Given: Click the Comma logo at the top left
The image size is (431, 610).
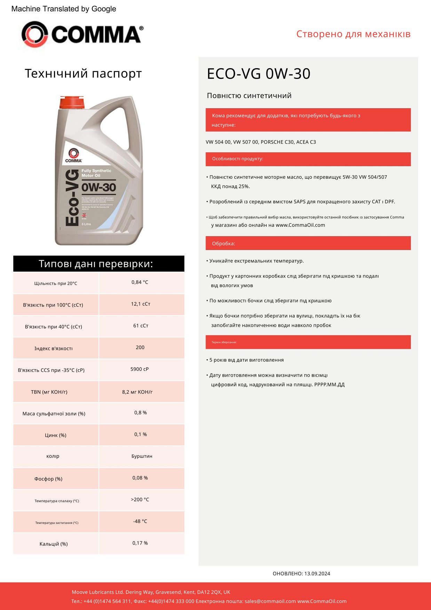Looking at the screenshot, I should point(82,34).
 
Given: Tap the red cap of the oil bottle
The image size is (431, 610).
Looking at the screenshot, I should point(72,103).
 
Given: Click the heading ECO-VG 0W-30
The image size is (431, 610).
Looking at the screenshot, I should point(258,74).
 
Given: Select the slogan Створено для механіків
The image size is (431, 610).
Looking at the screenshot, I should point(353,34).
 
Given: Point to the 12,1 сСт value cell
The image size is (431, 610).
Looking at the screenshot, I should point(141,304).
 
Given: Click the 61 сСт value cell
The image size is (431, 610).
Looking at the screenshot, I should point(141,326).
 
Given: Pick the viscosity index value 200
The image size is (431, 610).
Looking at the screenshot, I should point(140,347).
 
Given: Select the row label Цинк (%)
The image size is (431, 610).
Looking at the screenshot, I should point(56,435).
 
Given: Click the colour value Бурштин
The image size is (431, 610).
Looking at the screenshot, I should point(142,456).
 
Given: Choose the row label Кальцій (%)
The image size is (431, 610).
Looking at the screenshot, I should point(54,544).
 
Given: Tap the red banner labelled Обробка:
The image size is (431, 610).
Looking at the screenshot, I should point(308,243).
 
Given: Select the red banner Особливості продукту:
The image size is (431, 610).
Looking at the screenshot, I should point(308,159).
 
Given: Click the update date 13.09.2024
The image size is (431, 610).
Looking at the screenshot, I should point(317,573).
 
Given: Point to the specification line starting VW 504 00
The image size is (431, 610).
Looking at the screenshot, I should point(261,142).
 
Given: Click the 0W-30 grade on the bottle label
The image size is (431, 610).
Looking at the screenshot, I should point(99,187).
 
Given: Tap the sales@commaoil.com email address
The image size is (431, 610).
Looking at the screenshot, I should point(270,601).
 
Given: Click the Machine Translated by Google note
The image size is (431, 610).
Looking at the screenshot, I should point(64,9).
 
